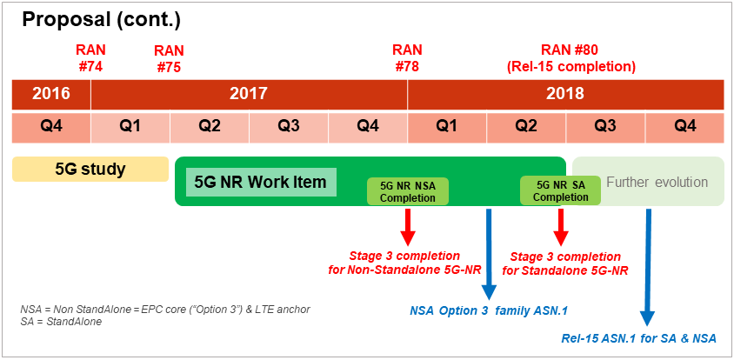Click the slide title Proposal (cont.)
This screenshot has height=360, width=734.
pos(101,20)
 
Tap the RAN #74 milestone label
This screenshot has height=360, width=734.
pos(90,58)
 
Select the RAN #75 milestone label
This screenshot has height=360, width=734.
pos(169,58)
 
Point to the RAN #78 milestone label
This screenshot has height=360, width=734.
pos(407,58)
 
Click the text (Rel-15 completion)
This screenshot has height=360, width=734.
pos(571,66)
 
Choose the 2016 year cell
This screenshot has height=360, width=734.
pos(51,94)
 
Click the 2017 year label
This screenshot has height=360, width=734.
pos(249,94)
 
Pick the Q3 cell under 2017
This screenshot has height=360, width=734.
pos(289,127)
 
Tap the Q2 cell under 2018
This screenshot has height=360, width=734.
pos(526,127)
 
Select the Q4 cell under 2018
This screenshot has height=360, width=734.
pos(684,127)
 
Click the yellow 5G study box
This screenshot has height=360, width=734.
pos(90,169)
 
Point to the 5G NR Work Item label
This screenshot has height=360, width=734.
pos(261,182)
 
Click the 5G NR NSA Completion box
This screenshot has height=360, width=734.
pos(408,191)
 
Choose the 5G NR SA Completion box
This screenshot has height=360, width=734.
pos(561,191)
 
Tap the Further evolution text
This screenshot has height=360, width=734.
pos(657,182)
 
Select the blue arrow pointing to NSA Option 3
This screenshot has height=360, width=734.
pos(488,254)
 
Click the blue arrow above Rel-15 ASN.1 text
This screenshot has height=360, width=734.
pos(648,267)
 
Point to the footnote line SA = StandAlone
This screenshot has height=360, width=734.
pos(61,322)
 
